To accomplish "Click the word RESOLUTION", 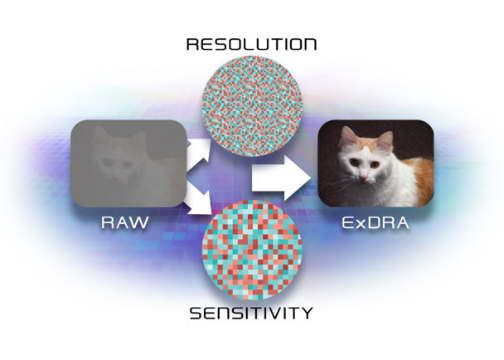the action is [x=251, y=44].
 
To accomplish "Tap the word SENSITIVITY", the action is [x=251, y=313].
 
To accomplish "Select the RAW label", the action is [x=125, y=222].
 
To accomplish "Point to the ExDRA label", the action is [x=376, y=222].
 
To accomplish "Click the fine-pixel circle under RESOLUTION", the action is [x=252, y=106].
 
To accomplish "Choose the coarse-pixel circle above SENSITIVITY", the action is [x=252, y=250].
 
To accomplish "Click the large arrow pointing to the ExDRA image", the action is [x=282, y=178].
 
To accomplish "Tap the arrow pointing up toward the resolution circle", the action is [x=199, y=152].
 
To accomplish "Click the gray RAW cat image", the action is [x=128, y=163].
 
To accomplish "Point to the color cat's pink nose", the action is [x=363, y=178].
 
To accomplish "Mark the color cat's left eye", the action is [x=354, y=163].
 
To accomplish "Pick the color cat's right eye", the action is [x=375, y=165].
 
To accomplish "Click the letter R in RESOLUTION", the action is [x=192, y=44].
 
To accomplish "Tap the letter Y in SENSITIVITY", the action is [x=307, y=313].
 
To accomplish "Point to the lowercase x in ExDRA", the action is [x=361, y=224].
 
